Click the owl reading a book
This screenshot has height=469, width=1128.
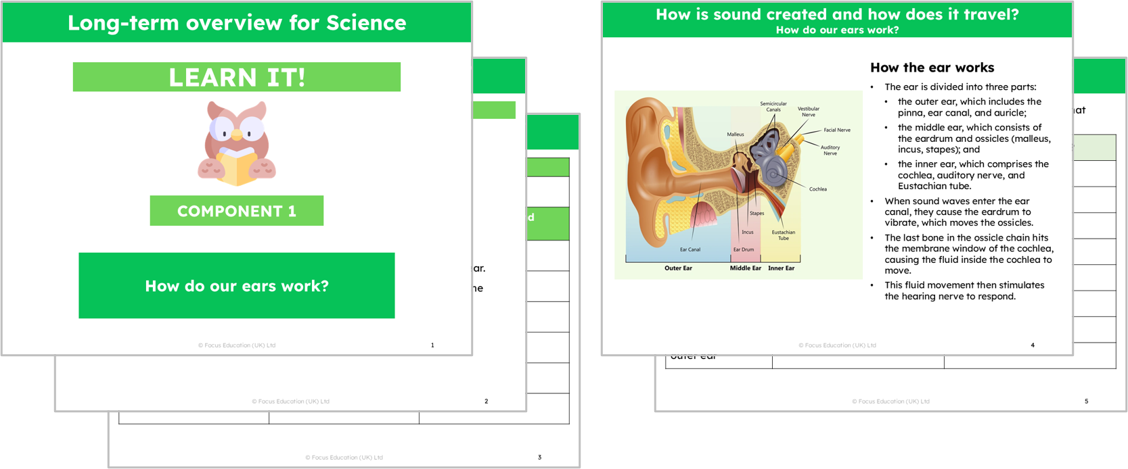[x=236, y=143]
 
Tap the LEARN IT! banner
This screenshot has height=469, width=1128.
[x=236, y=77]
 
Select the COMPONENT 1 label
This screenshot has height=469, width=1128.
[x=236, y=211]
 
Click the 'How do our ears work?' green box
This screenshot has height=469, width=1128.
[x=236, y=286]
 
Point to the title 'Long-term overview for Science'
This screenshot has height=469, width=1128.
[x=236, y=23]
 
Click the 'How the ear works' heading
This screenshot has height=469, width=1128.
[x=932, y=68]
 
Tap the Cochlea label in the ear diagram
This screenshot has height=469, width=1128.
[x=817, y=189]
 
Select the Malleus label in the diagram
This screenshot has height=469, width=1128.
[x=736, y=134]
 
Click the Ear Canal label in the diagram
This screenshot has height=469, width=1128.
[x=690, y=249]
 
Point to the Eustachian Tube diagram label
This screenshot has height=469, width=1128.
[x=784, y=235]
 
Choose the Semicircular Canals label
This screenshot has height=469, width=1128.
[x=773, y=107]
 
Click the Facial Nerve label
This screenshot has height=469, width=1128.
[x=837, y=130]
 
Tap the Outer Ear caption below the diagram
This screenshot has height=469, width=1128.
[x=678, y=268]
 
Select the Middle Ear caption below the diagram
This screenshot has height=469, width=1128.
[x=745, y=268]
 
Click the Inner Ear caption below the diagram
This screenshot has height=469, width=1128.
[x=781, y=268]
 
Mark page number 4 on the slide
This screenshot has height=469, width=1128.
[x=1033, y=345]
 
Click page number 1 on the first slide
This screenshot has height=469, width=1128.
[x=432, y=345]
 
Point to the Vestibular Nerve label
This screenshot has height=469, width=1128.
[x=808, y=112]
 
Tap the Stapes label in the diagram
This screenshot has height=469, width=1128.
[x=757, y=214]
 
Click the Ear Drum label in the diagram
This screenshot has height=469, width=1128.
[x=744, y=249]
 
